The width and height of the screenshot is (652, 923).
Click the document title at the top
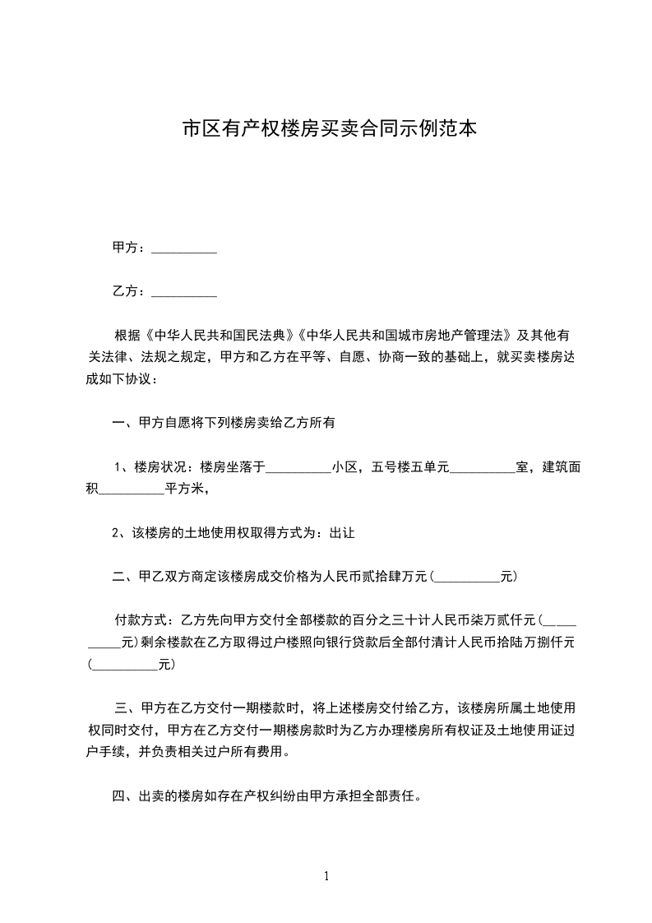click(x=329, y=129)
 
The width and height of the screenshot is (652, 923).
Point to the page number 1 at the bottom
click(x=326, y=876)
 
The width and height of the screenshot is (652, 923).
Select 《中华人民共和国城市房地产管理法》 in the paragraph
click(x=404, y=336)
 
